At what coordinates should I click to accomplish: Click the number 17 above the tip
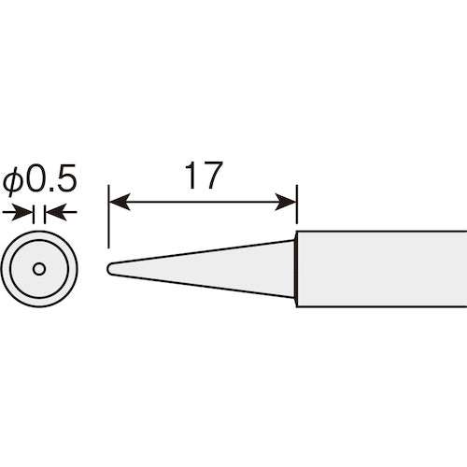coord(203,177)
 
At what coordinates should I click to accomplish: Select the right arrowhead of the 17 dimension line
coord(290,200)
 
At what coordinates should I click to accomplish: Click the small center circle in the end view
coord(38,269)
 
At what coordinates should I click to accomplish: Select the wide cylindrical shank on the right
coord(383,269)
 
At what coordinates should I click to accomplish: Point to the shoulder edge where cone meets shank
coord(297,269)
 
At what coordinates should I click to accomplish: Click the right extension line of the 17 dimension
coord(296,210)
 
